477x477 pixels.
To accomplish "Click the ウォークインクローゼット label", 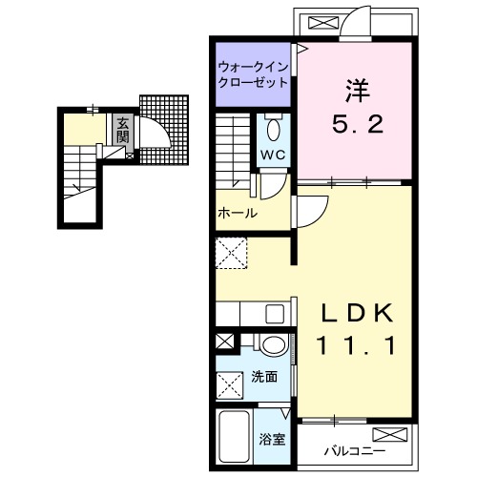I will pyautogui.click(x=253, y=74).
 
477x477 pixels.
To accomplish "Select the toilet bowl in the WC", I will pyautogui.click(x=273, y=128).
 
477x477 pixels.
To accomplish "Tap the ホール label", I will pyautogui.click(x=238, y=214).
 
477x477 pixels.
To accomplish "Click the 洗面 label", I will pyautogui.click(x=266, y=377).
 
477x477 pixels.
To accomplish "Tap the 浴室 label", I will pyautogui.click(x=272, y=440).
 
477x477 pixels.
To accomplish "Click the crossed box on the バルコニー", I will pyautogui.click(x=399, y=437).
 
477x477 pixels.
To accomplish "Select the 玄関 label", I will pyautogui.click(x=122, y=130).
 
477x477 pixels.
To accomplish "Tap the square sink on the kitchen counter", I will pyautogui.click(x=275, y=314).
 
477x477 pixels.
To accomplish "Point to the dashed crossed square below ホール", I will pyautogui.click(x=232, y=255).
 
